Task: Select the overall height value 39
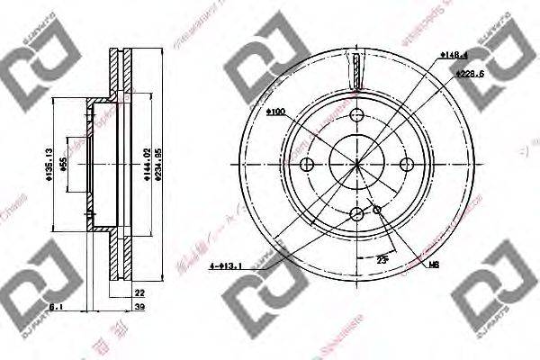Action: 139,307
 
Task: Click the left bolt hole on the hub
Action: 306,164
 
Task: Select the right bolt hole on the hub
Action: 408,164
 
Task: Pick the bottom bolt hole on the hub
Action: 356,213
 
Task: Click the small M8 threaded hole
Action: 377,211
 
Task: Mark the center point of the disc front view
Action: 356,164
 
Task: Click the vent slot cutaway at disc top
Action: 357,71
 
